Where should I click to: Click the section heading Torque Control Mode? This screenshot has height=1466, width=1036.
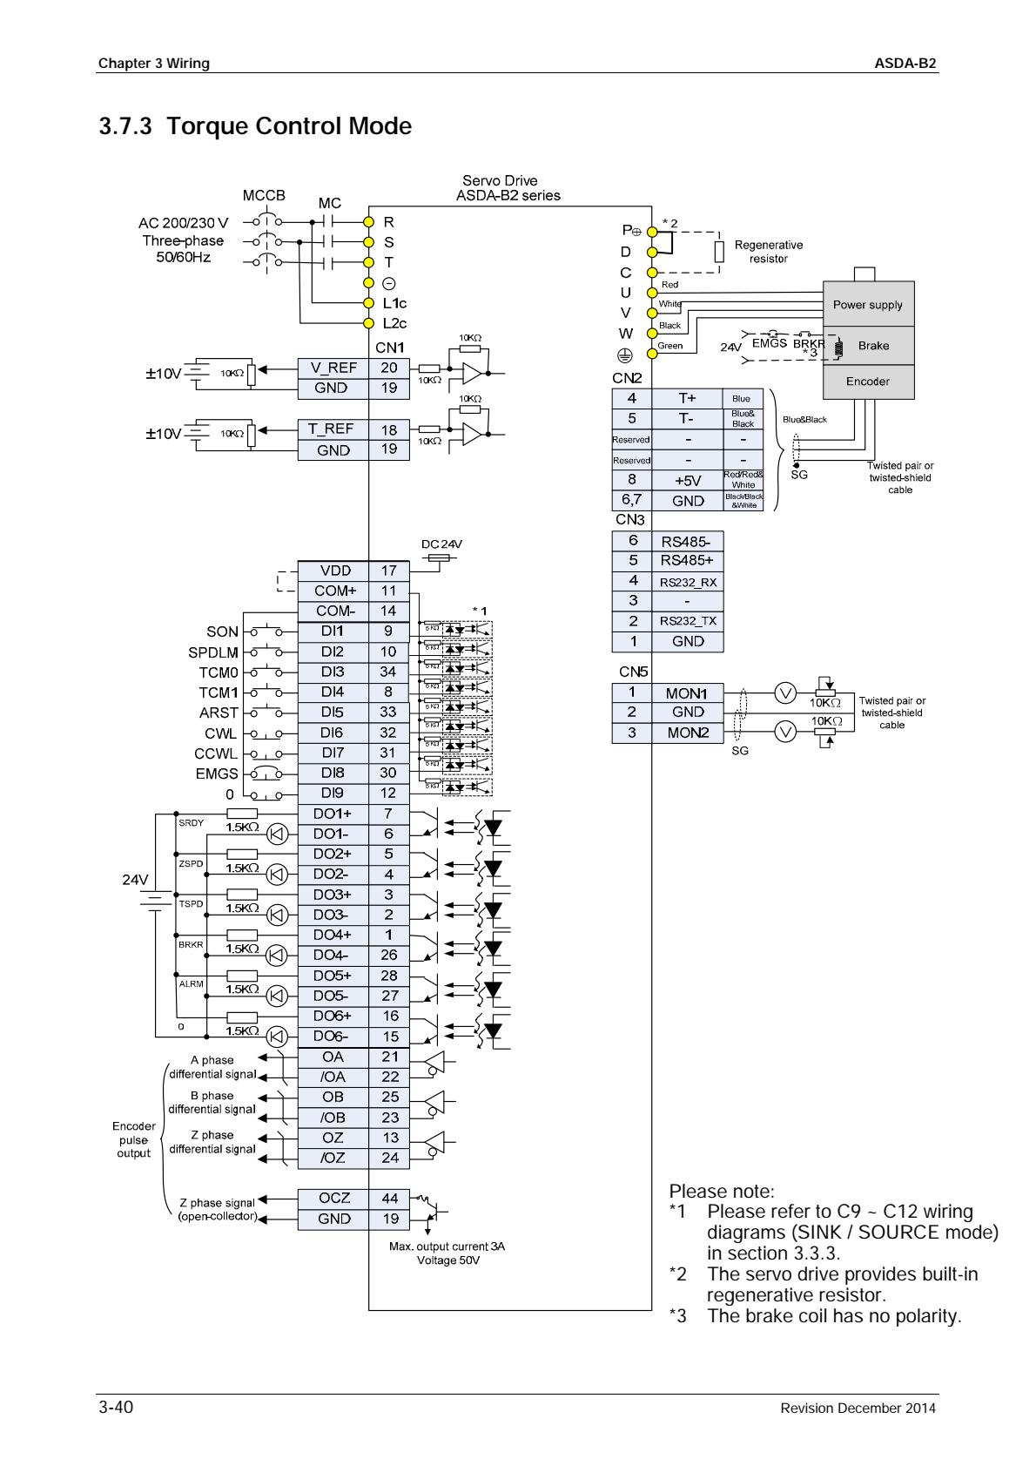[255, 126]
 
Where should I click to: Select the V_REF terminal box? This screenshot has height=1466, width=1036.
[333, 368]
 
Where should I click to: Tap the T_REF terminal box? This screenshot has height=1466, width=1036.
[333, 429]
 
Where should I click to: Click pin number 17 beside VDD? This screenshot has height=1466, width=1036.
[388, 571]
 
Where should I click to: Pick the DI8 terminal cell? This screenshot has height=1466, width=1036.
[333, 773]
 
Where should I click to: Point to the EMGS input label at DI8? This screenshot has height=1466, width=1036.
[216, 774]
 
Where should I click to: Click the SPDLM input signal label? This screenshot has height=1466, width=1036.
[212, 652]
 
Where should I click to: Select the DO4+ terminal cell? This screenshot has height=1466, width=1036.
[333, 935]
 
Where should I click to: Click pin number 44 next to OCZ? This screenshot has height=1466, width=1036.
[389, 1199]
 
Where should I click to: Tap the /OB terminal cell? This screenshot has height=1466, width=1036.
[333, 1118]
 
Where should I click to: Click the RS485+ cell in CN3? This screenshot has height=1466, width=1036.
[686, 561]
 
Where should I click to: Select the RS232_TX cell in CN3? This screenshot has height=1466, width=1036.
[688, 621]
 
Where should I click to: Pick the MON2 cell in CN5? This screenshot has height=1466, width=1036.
[688, 733]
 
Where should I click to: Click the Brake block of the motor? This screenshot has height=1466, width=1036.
[872, 346]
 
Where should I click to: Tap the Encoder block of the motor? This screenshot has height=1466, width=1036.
[867, 382]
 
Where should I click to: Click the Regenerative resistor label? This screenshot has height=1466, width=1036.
[768, 252]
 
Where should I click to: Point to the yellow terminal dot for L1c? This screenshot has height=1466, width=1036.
[369, 303]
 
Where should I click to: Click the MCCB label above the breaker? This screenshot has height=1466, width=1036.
[264, 196]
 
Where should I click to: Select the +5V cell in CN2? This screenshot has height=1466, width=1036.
[688, 481]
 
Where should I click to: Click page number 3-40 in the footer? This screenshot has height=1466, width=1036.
[116, 1407]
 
